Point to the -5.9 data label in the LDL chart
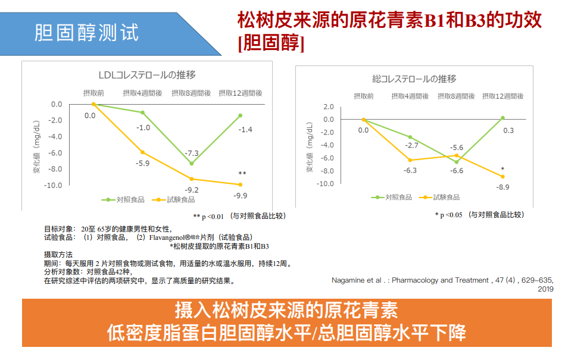coord(143,163)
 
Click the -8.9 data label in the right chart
coord(502,187)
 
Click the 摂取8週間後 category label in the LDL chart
coord(191,93)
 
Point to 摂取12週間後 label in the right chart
coord(504,96)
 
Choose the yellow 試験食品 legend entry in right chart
coord(441,197)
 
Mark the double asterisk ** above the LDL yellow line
coord(242,174)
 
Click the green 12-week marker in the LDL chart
coord(241,115)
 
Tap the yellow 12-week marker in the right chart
coord(502,177)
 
